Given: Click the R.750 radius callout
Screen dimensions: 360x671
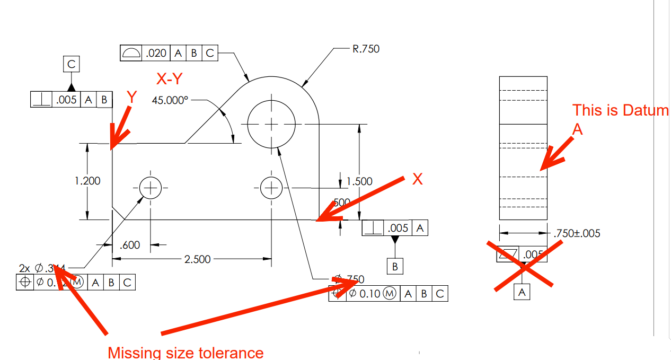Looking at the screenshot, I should [366, 49].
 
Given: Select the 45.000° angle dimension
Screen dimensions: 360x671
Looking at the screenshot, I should [170, 100].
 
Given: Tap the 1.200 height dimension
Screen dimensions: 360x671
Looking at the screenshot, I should [87, 181].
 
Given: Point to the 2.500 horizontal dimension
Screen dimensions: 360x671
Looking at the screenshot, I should [197, 259].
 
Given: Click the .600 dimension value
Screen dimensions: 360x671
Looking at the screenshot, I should [130, 245].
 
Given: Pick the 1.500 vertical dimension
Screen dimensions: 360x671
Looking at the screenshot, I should [359, 181].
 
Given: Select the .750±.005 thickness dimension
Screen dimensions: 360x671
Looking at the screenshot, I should [577, 233].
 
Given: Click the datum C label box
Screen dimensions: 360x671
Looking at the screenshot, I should [72, 65].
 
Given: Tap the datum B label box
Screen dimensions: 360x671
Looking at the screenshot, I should [395, 267].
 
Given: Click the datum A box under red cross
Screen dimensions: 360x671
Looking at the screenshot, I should [523, 292].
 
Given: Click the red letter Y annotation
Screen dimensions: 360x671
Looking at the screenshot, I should [132, 97].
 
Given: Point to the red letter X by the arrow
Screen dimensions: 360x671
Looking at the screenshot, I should [418, 179].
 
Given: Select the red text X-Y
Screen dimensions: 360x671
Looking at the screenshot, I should [170, 79].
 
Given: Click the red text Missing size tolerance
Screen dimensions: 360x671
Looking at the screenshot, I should [186, 353].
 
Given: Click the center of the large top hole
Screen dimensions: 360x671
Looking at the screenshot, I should [271, 124].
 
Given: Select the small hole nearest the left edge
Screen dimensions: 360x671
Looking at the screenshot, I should [151, 188].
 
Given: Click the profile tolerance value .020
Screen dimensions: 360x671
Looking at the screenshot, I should [156, 53].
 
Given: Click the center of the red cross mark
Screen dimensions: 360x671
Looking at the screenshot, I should [524, 267].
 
